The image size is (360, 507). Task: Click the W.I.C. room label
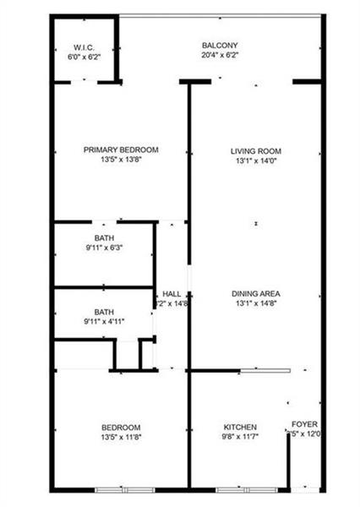[83, 46]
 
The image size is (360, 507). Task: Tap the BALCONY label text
[219, 45]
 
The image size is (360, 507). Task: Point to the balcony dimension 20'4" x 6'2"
[219, 56]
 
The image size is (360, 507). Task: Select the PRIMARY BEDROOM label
[121, 150]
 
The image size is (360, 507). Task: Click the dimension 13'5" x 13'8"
[121, 161]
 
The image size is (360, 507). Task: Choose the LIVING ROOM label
[254, 150]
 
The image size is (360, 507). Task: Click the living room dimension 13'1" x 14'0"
[254, 161]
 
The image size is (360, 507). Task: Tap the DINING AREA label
[254, 294]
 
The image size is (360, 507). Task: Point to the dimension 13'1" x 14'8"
[254, 304]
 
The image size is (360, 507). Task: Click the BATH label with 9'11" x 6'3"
[104, 238]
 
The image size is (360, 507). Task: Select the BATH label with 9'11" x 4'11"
[104, 312]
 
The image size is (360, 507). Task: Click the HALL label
[172, 294]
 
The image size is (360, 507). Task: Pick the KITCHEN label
[240, 427]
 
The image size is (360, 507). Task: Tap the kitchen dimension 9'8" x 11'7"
[240, 438]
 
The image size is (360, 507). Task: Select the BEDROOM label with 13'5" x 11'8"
[121, 427]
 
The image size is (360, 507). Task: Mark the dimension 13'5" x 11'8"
[121, 438]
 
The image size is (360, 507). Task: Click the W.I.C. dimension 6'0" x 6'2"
[83, 57]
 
